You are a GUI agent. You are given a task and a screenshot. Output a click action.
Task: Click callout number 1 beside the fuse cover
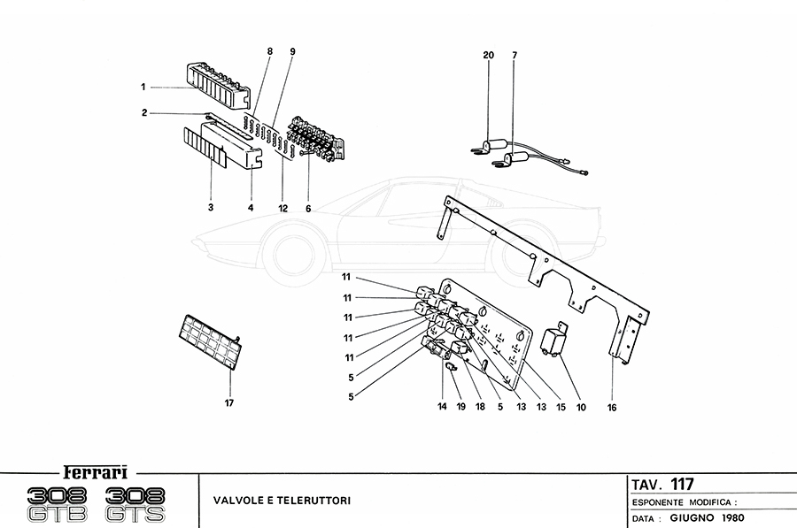tap(142, 87)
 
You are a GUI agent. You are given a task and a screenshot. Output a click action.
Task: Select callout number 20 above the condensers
tap(488, 55)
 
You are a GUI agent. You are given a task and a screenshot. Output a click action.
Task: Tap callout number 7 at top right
tap(514, 55)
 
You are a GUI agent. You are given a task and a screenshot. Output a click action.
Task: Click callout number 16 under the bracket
tap(612, 408)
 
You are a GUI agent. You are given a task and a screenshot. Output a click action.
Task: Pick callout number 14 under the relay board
tap(441, 408)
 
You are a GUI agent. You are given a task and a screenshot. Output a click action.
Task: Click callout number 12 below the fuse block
tap(282, 208)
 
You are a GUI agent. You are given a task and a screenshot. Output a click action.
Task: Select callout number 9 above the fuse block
tap(291, 52)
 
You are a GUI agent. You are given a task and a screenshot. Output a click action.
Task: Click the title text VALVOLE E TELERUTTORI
tap(282, 501)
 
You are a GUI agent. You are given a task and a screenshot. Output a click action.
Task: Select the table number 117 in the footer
tap(682, 484)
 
